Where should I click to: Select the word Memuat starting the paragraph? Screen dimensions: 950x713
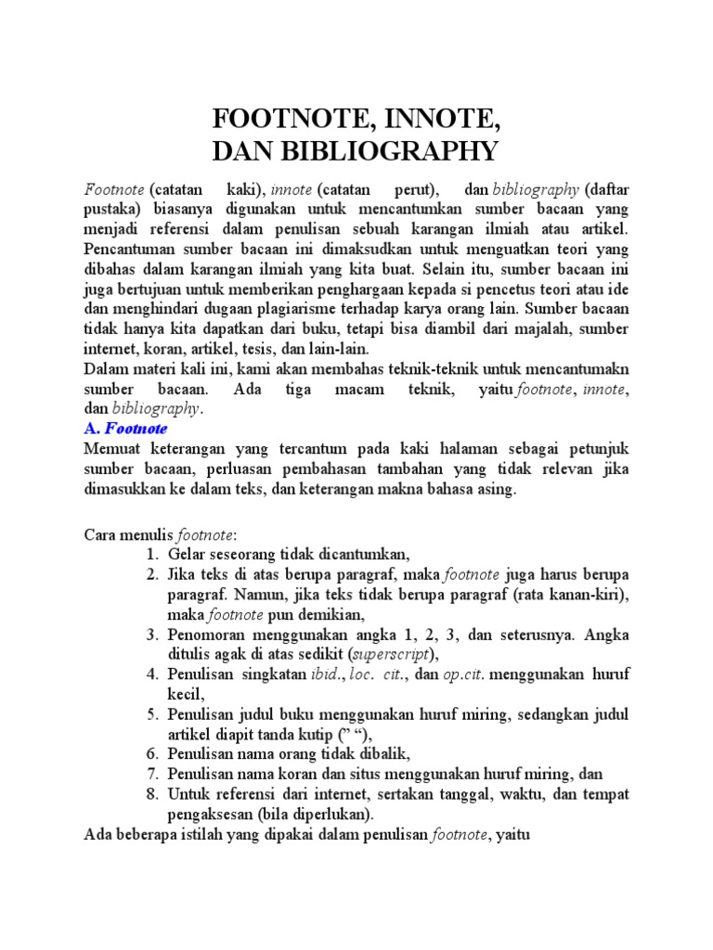point(111,450)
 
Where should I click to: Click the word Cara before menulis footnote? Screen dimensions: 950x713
point(101,534)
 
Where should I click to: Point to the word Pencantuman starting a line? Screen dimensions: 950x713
point(129,249)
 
